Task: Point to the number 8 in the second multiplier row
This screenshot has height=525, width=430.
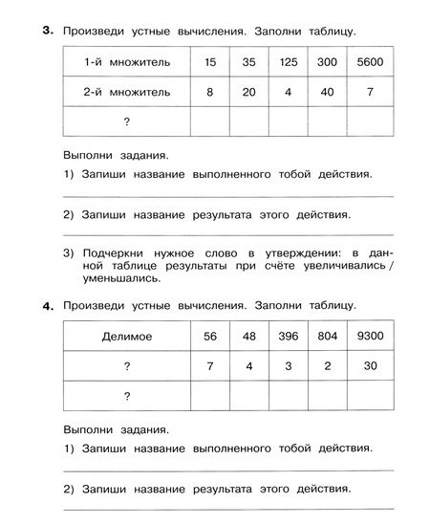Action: [210, 93]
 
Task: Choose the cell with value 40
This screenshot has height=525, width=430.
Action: [326, 93]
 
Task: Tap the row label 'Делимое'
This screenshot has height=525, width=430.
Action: [126, 337]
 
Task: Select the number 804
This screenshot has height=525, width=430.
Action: [326, 337]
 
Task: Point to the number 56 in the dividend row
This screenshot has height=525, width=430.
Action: [210, 337]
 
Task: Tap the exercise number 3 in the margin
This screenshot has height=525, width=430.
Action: [46, 31]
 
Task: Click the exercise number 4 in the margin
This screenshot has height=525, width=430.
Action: [46, 306]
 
